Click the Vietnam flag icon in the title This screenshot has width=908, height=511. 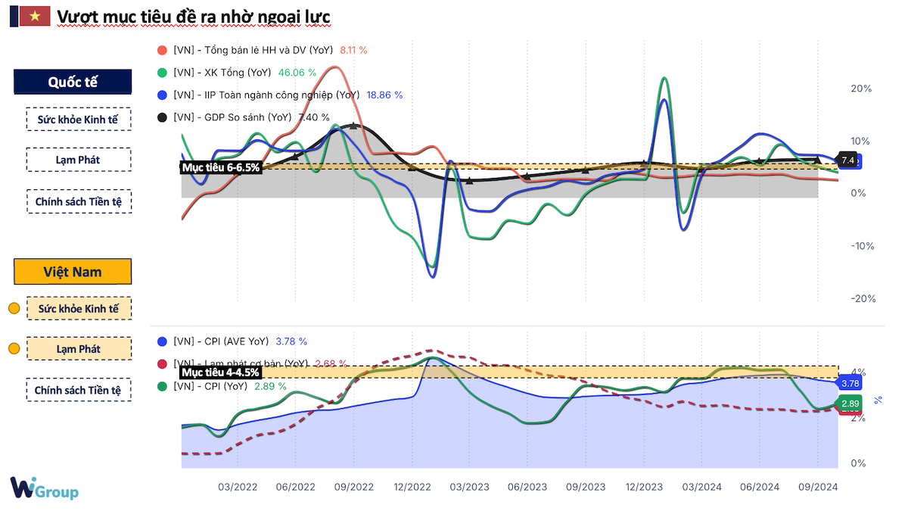pyautogui.click(x=33, y=16)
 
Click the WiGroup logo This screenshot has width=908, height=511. pyautogui.click(x=44, y=488)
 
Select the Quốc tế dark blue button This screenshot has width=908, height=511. pyautogui.click(x=73, y=83)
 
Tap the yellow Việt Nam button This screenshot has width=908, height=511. pyautogui.click(x=73, y=272)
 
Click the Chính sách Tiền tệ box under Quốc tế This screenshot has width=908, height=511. pyautogui.click(x=78, y=201)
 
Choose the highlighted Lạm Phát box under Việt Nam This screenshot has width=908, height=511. pyautogui.click(x=78, y=348)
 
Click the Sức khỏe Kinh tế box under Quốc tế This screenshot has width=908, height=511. pyautogui.click(x=78, y=119)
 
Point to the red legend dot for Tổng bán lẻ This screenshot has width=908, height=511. pyautogui.click(x=161, y=50)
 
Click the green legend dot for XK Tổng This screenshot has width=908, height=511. pyautogui.click(x=161, y=73)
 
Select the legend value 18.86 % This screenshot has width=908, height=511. pyautogui.click(x=384, y=95)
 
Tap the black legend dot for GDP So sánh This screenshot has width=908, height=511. pyautogui.click(x=161, y=117)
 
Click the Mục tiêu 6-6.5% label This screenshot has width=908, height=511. pyautogui.click(x=221, y=167)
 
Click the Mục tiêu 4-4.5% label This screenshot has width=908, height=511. pyautogui.click(x=221, y=372)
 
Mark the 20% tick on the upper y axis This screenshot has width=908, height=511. pyautogui.click(x=861, y=89)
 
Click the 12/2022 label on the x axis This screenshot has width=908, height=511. pyautogui.click(x=412, y=487)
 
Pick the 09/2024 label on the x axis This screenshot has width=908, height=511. pyautogui.click(x=817, y=487)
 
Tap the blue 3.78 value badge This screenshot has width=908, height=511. pyautogui.click(x=849, y=384)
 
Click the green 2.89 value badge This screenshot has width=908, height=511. pyautogui.click(x=849, y=404)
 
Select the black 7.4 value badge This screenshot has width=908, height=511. pyautogui.click(x=848, y=160)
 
